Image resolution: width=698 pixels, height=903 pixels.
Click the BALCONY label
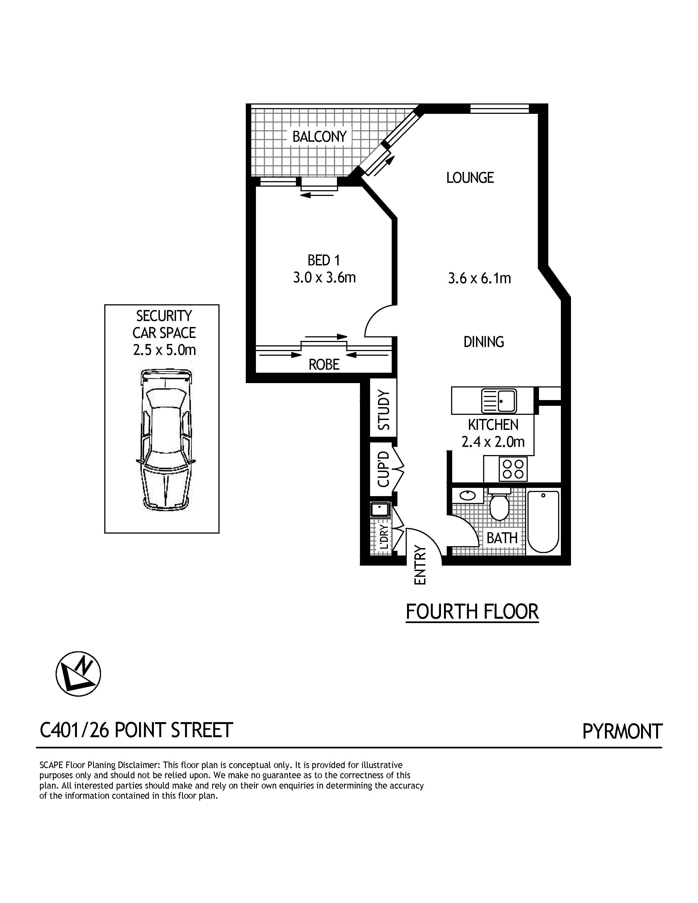319,137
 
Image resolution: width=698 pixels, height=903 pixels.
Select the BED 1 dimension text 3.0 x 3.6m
325,277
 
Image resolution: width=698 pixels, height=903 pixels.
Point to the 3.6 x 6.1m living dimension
480,278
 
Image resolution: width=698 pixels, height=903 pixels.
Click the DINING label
484,342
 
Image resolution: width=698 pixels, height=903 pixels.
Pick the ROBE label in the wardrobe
324,364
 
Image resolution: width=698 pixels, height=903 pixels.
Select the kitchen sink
499,401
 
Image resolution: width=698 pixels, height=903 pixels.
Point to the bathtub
543,521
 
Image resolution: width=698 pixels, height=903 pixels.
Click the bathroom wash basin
468,495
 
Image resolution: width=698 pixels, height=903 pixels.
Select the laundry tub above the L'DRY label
380,510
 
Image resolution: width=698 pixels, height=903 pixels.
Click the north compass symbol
78,674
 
